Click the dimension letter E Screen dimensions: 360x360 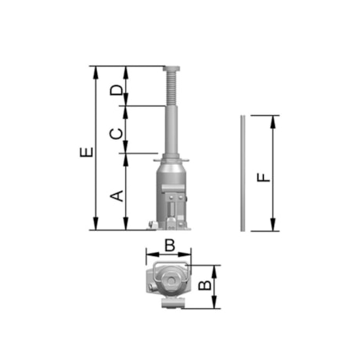[x=86, y=153]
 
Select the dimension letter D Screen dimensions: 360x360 [x=116, y=90]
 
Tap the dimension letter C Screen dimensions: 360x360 [x=116, y=134]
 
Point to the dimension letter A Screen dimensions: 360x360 [x=117, y=196]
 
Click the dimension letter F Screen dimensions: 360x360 [x=264, y=178]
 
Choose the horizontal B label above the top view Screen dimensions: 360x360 [x=170, y=245]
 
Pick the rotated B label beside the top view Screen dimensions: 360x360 [x=205, y=286]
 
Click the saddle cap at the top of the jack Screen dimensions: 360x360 [x=171, y=69]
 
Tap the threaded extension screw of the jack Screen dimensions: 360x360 [x=171, y=88]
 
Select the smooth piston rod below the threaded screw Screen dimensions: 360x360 [x=172, y=130]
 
